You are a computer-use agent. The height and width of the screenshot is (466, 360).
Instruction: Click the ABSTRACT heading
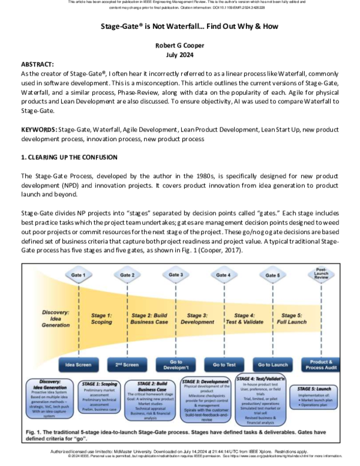coord(38,63)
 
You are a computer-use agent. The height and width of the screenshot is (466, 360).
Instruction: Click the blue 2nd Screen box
coord(127,365)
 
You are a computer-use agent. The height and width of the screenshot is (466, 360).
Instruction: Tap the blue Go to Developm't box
coord(176,365)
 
